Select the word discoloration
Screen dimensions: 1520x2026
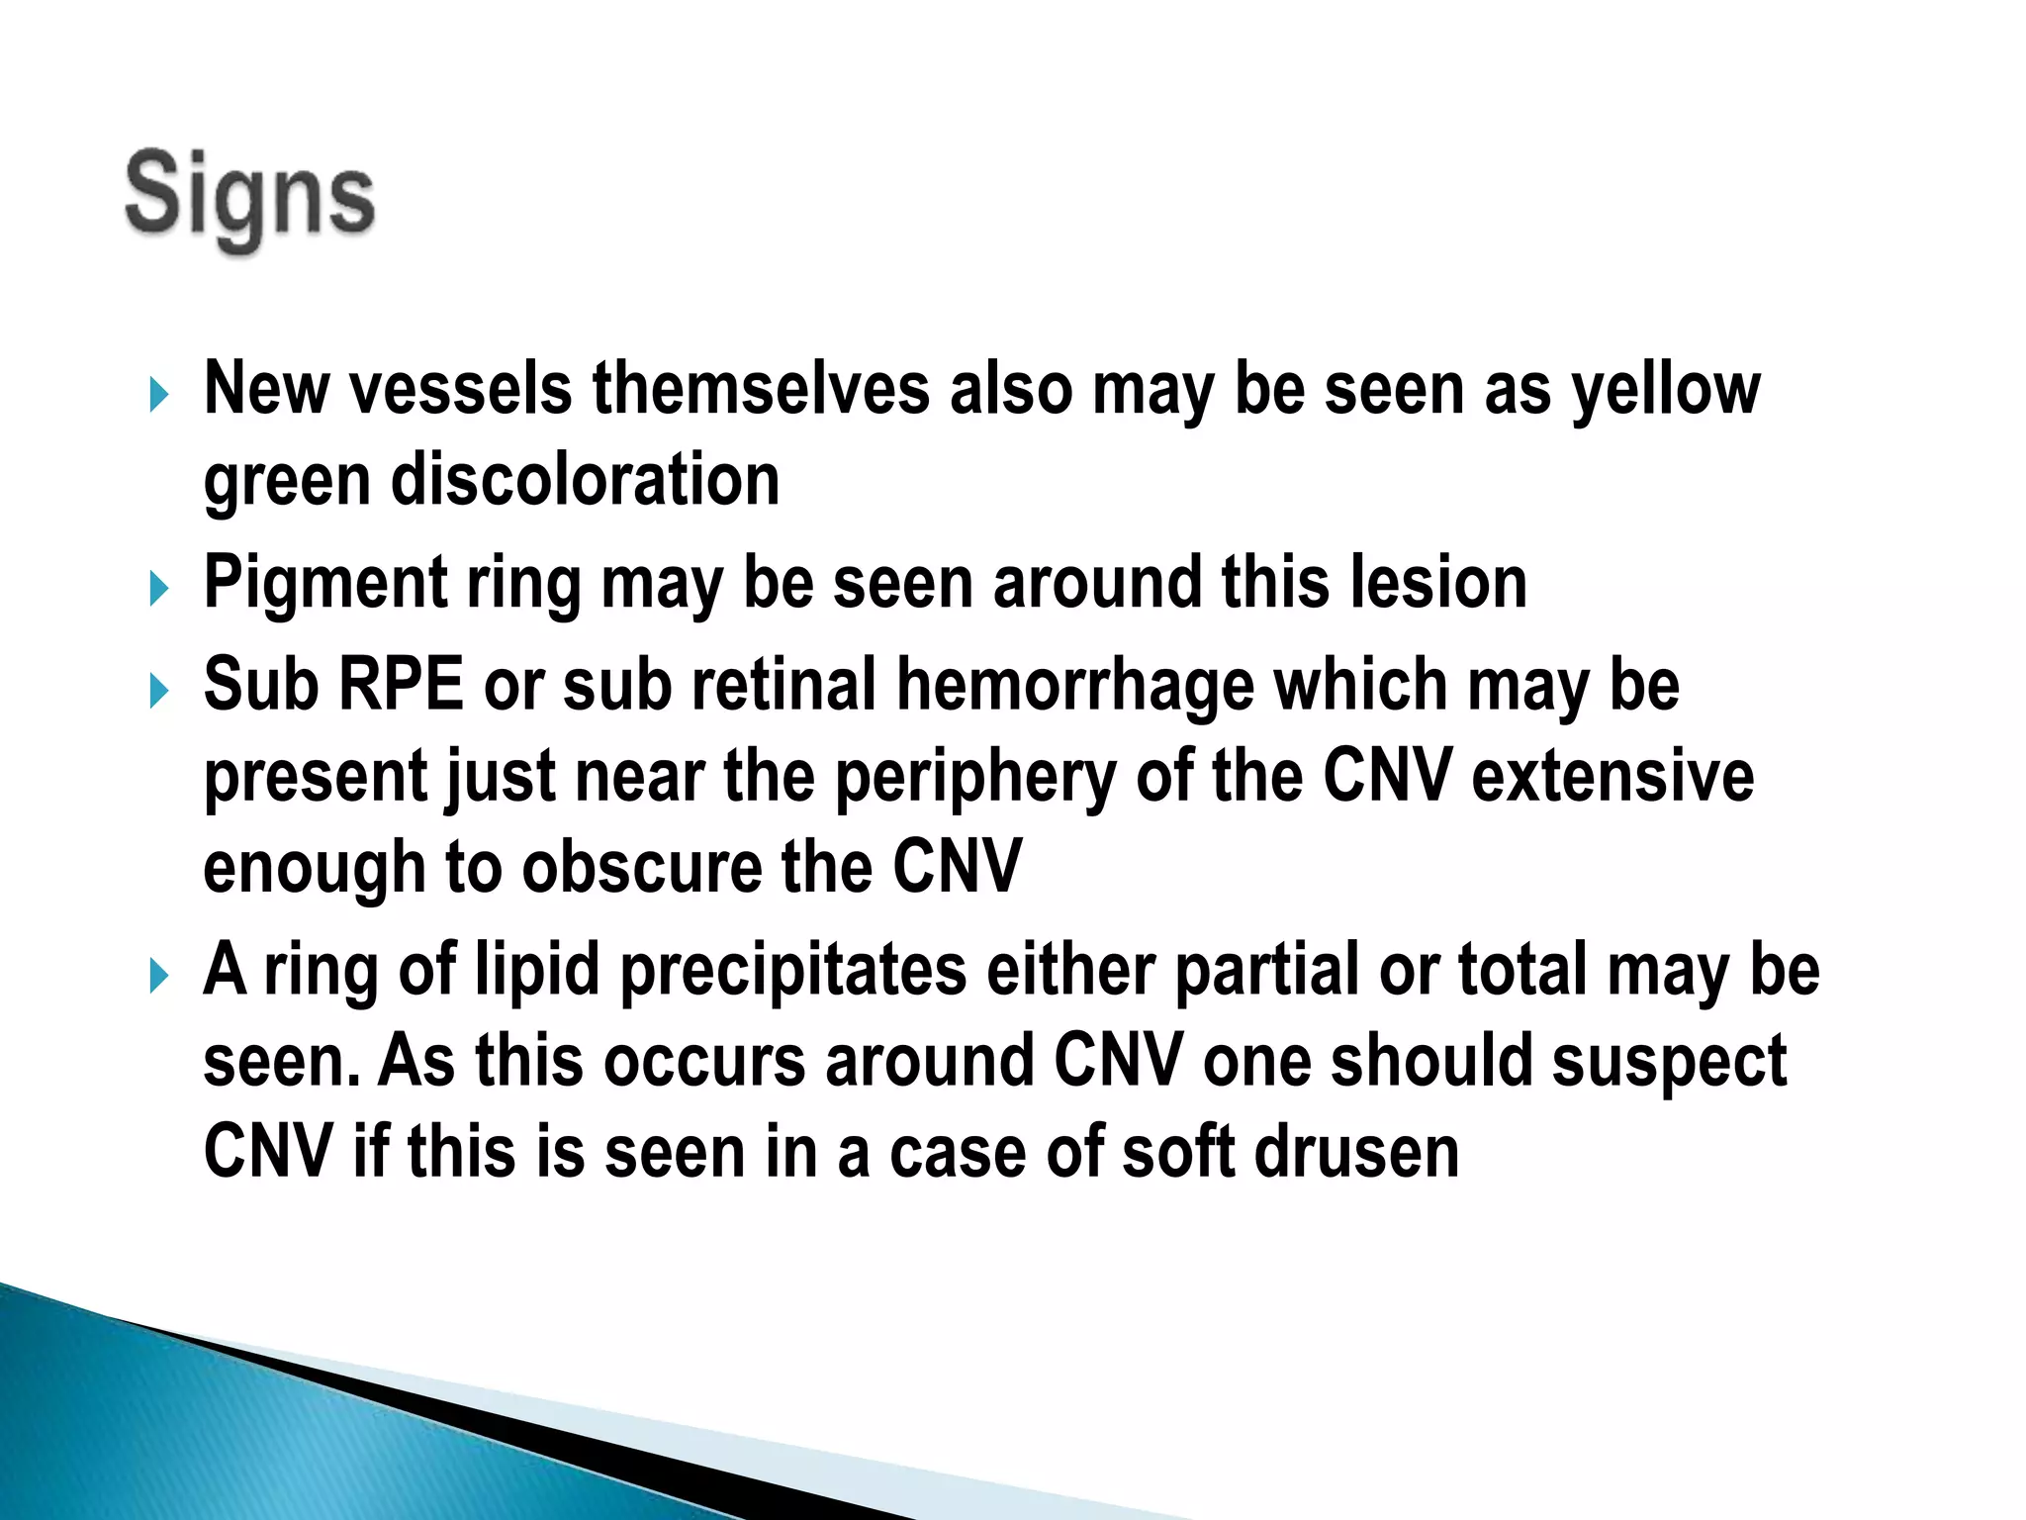[x=586, y=481]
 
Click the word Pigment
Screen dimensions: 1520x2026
[x=325, y=584]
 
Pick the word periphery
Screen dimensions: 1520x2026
[x=975, y=778]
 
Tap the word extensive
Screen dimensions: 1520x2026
[x=1612, y=776]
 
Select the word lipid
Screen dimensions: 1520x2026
[x=537, y=971]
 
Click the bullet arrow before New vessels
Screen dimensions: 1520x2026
[x=159, y=395]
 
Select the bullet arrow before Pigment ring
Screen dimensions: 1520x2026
[x=159, y=590]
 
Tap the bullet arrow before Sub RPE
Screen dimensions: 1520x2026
[x=159, y=691]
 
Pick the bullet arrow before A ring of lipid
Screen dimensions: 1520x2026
[x=159, y=977]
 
